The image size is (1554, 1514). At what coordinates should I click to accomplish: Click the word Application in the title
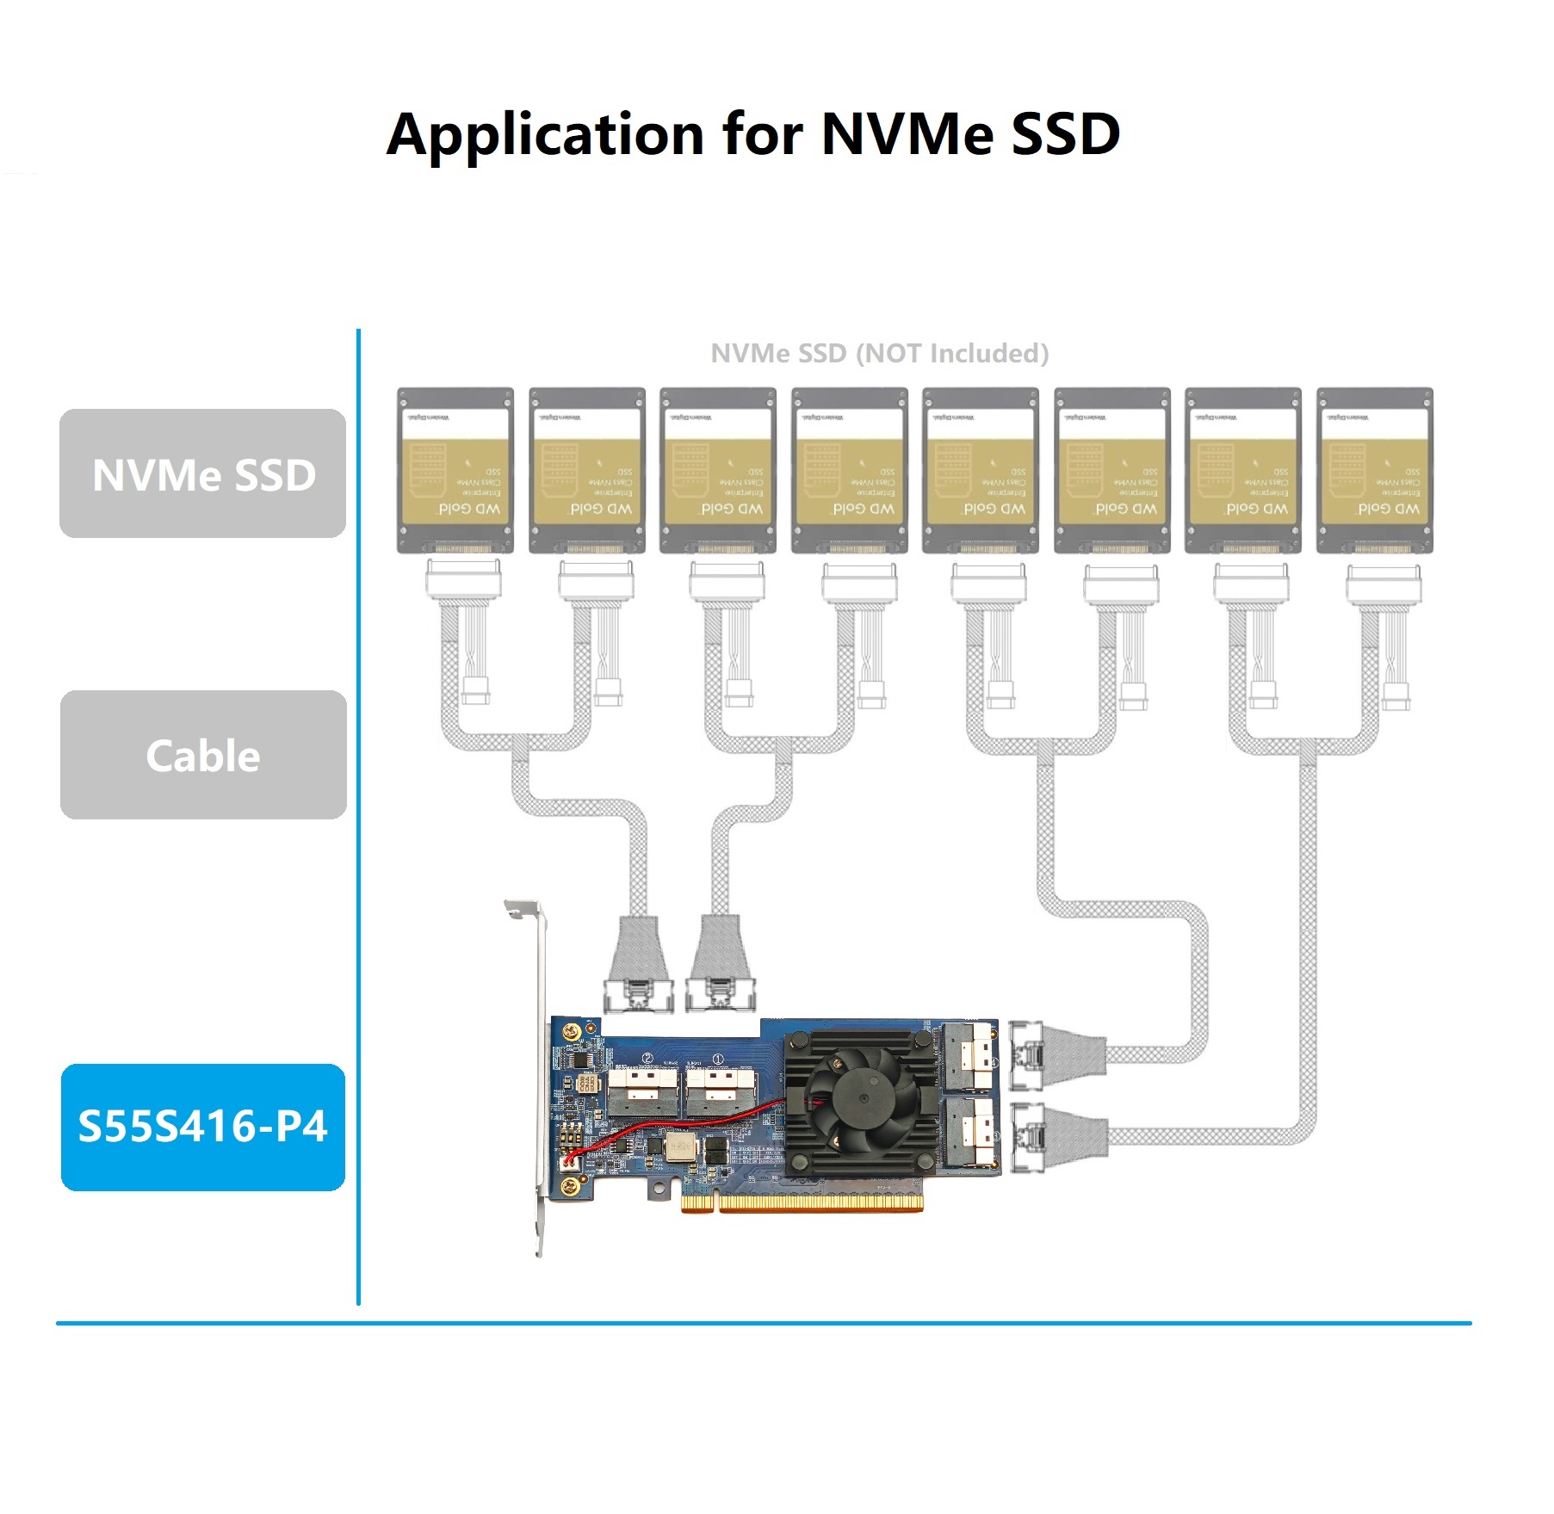point(546,135)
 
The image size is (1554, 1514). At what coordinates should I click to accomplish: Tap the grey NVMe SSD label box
point(203,473)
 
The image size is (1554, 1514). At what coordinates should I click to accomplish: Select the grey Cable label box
point(203,755)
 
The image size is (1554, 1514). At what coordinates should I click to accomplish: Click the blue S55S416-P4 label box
point(203,1127)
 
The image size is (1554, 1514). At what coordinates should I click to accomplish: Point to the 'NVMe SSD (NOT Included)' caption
point(879,353)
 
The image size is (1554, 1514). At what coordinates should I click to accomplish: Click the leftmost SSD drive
point(455,470)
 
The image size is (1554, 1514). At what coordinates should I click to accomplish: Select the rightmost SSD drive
point(1374,470)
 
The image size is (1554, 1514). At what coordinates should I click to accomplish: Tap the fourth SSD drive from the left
point(849,470)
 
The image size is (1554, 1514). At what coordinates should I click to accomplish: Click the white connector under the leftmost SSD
point(463,579)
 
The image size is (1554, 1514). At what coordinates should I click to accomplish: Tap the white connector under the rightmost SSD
point(1383,583)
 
